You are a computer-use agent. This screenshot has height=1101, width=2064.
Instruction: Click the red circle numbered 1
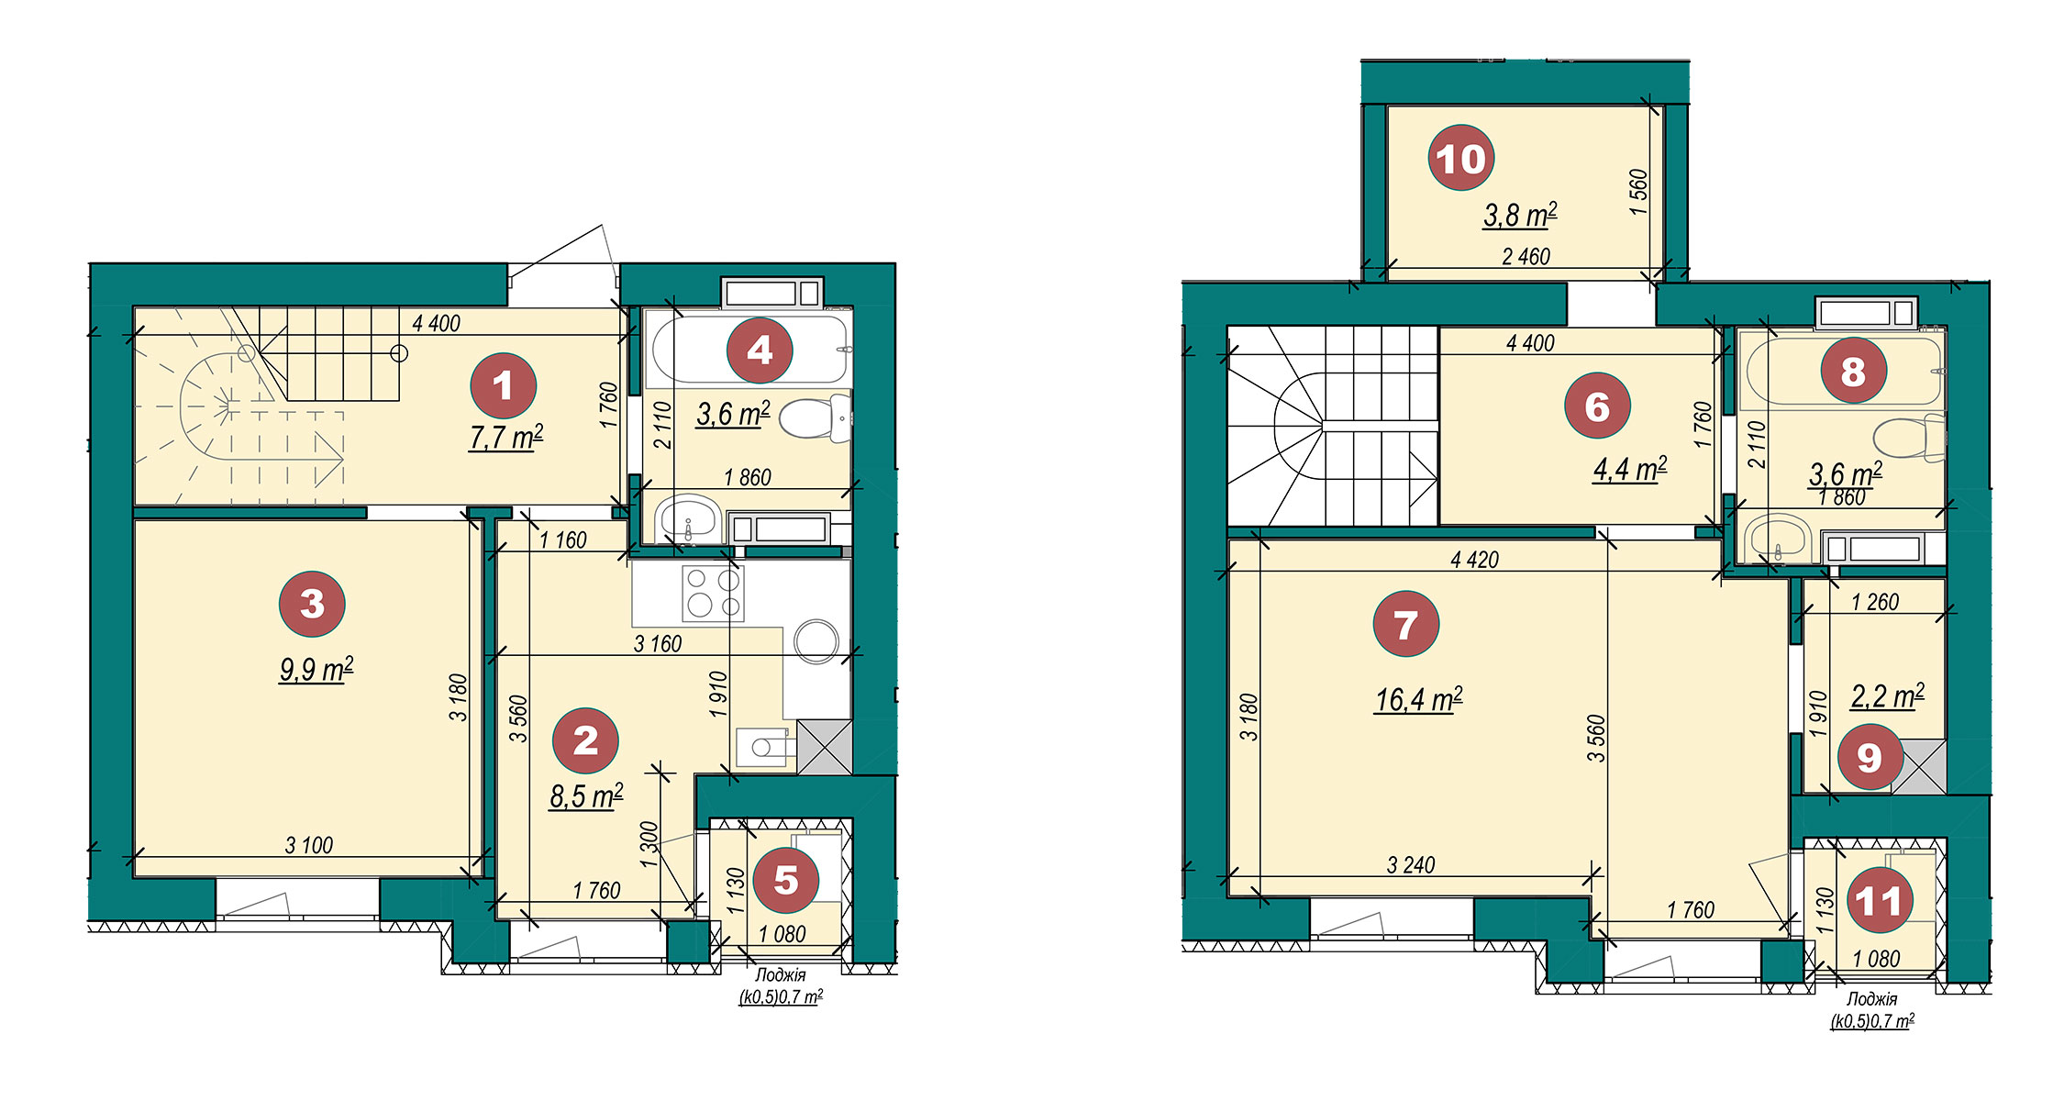(503, 386)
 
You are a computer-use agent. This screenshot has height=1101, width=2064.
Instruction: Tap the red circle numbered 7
(1405, 625)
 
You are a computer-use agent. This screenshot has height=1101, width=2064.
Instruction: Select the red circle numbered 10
(1461, 159)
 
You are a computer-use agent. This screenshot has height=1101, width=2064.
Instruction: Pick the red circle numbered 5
(785, 880)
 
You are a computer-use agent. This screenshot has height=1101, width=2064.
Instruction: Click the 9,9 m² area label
(316, 670)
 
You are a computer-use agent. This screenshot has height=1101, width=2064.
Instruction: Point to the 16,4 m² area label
(1418, 700)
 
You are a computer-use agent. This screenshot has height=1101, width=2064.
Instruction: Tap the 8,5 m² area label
(586, 795)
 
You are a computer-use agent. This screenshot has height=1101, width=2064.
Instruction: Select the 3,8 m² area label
(1520, 216)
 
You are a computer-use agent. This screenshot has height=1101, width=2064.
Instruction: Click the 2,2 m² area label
(1887, 696)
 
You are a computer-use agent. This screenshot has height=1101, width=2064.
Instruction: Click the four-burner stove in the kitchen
(714, 593)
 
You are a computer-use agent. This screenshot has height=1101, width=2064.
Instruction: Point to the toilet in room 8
(1910, 438)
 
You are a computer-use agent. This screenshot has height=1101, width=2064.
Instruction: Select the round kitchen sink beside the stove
(816, 641)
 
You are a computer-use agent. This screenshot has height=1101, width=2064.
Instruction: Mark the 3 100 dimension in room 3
(309, 845)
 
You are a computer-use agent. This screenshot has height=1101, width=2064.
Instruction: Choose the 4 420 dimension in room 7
(1475, 560)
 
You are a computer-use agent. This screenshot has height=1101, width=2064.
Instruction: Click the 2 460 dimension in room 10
(1526, 257)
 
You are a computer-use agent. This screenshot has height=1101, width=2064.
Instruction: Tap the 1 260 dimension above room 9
(1875, 602)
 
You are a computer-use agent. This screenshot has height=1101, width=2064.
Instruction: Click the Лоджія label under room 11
(1871, 999)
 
